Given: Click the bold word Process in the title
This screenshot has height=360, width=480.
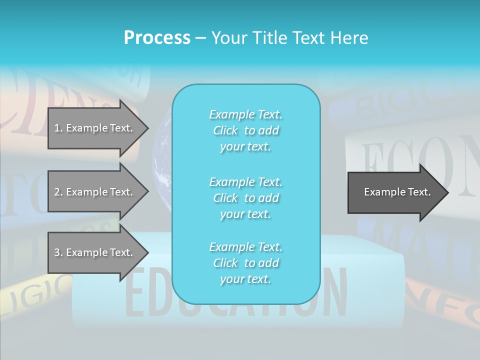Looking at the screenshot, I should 157,38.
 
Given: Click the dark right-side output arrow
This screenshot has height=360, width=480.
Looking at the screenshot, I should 395,192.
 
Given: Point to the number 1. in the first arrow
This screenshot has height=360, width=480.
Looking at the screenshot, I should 58,128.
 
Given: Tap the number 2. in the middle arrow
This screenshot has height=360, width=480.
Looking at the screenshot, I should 58,192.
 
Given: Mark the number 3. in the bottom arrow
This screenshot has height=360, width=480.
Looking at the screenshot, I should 58,252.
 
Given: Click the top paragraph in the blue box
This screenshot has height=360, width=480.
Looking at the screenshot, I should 246,130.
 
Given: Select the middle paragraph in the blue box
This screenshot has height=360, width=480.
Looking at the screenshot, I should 246,197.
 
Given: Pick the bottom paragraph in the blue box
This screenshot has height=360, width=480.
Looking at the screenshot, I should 246,262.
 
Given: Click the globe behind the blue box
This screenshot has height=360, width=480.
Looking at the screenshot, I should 162,160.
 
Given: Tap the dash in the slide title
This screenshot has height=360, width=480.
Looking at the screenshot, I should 200,38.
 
